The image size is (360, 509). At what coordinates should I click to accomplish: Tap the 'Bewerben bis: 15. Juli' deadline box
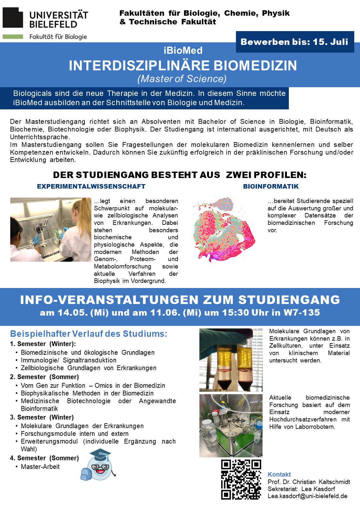point(295,42)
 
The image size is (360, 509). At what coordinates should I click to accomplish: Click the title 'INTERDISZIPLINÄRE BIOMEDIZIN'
point(183,66)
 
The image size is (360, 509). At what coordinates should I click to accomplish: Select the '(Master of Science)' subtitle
point(182,79)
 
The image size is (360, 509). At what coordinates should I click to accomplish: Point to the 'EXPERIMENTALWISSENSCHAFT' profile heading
point(91,187)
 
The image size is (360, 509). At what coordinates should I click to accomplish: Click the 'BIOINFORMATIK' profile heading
point(271,187)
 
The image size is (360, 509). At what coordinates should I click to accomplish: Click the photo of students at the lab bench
point(51,229)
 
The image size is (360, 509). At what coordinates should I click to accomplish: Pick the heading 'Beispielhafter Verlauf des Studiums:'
point(89,334)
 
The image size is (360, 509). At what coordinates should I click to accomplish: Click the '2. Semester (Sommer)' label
point(44,377)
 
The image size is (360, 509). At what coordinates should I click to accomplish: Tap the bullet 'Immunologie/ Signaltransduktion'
point(69,360)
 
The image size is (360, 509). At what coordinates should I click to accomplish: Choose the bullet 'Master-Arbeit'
point(40,467)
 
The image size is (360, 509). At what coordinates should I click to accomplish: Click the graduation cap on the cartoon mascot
point(100,455)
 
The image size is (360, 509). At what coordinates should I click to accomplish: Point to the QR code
point(241,479)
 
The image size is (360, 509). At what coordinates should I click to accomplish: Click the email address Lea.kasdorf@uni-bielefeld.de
point(307,496)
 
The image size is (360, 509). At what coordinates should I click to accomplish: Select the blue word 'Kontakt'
point(279,474)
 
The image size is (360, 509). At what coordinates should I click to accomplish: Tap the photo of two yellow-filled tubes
point(231,360)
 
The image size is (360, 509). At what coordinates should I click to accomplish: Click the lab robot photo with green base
point(231,425)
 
